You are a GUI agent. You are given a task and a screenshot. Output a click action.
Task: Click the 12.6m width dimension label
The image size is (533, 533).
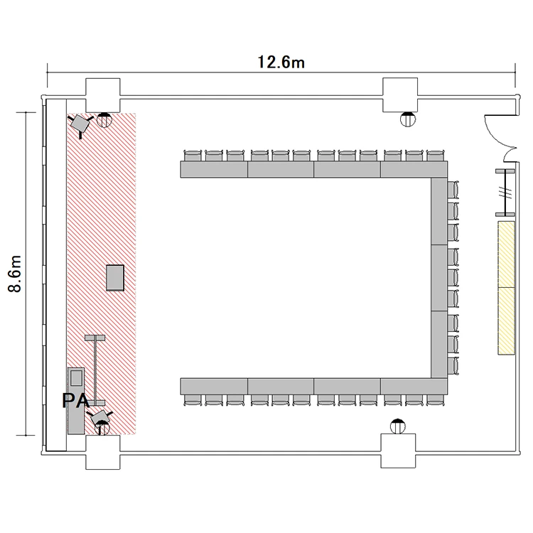281,63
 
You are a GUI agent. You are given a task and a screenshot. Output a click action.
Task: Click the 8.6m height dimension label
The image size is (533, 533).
15,274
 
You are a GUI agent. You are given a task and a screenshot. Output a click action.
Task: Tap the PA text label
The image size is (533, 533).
76,400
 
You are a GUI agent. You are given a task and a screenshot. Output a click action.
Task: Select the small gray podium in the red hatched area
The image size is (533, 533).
115,278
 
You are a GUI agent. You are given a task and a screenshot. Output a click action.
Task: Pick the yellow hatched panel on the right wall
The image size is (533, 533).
506,288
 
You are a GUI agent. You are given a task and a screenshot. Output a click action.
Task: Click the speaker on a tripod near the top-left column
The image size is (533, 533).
80,124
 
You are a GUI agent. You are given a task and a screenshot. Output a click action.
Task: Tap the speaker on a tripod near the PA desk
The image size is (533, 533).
99,417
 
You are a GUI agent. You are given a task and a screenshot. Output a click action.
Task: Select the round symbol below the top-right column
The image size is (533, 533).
408,119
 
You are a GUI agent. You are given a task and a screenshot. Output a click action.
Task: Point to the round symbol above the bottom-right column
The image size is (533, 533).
398,426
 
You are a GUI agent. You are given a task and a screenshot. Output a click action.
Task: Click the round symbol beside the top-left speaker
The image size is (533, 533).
104,120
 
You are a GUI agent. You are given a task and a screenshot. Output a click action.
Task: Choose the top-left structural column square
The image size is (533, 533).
102,95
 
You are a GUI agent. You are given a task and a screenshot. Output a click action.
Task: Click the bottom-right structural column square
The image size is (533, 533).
398,451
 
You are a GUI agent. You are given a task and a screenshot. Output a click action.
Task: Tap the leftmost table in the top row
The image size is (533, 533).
214,169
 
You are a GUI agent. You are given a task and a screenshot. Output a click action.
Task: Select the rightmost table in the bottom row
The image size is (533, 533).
414,386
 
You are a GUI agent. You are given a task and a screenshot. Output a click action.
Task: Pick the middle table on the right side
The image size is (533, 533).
439,278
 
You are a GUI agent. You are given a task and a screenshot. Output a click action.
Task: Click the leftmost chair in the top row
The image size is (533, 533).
193,156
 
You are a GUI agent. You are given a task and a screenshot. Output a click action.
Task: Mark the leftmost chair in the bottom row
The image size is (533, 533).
193,400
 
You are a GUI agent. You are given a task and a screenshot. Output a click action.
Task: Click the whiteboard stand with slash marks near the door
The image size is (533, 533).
505,193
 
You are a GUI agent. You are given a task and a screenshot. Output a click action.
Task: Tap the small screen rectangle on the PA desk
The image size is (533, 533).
76,377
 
